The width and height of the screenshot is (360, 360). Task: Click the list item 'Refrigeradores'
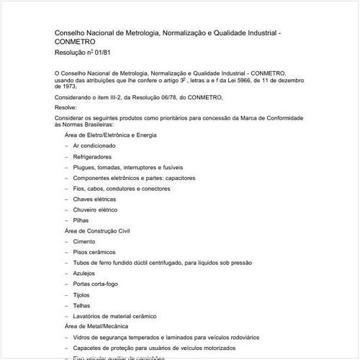tap(92, 156)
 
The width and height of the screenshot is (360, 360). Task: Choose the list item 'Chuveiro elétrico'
tap(96, 210)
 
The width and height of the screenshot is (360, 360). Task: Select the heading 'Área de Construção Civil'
tap(98, 230)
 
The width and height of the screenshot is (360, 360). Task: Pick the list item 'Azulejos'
tap(84, 274)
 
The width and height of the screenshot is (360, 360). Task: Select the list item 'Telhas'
tap(82, 305)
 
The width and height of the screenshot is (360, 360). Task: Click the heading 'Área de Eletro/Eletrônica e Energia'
tap(111, 135)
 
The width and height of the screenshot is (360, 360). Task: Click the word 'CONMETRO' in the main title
tap(75, 42)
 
